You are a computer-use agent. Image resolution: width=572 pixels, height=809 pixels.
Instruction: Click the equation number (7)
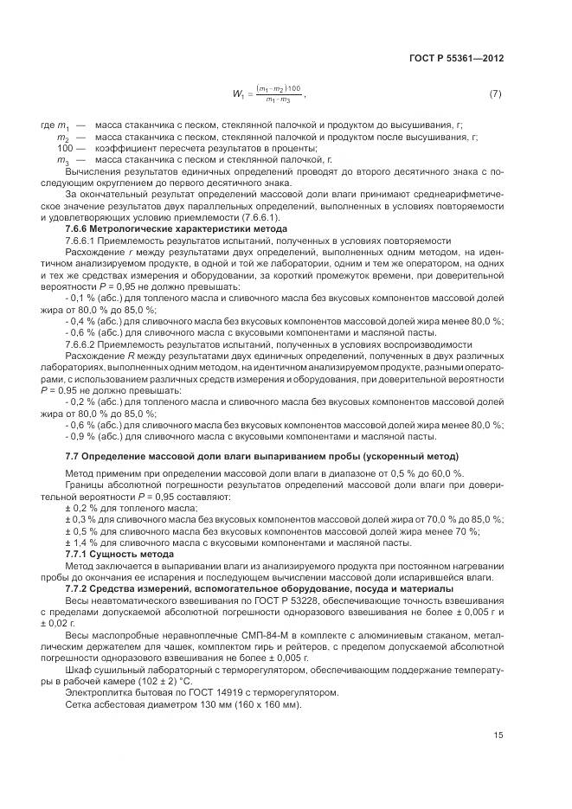(495, 93)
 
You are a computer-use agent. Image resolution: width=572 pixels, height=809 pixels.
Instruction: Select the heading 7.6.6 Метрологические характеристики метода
(152, 228)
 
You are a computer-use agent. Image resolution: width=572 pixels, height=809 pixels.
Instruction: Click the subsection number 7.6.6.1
(84, 240)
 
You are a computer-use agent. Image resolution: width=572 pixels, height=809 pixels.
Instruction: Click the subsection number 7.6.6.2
(84, 344)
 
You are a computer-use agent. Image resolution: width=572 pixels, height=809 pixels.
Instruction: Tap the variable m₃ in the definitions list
(62, 160)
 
